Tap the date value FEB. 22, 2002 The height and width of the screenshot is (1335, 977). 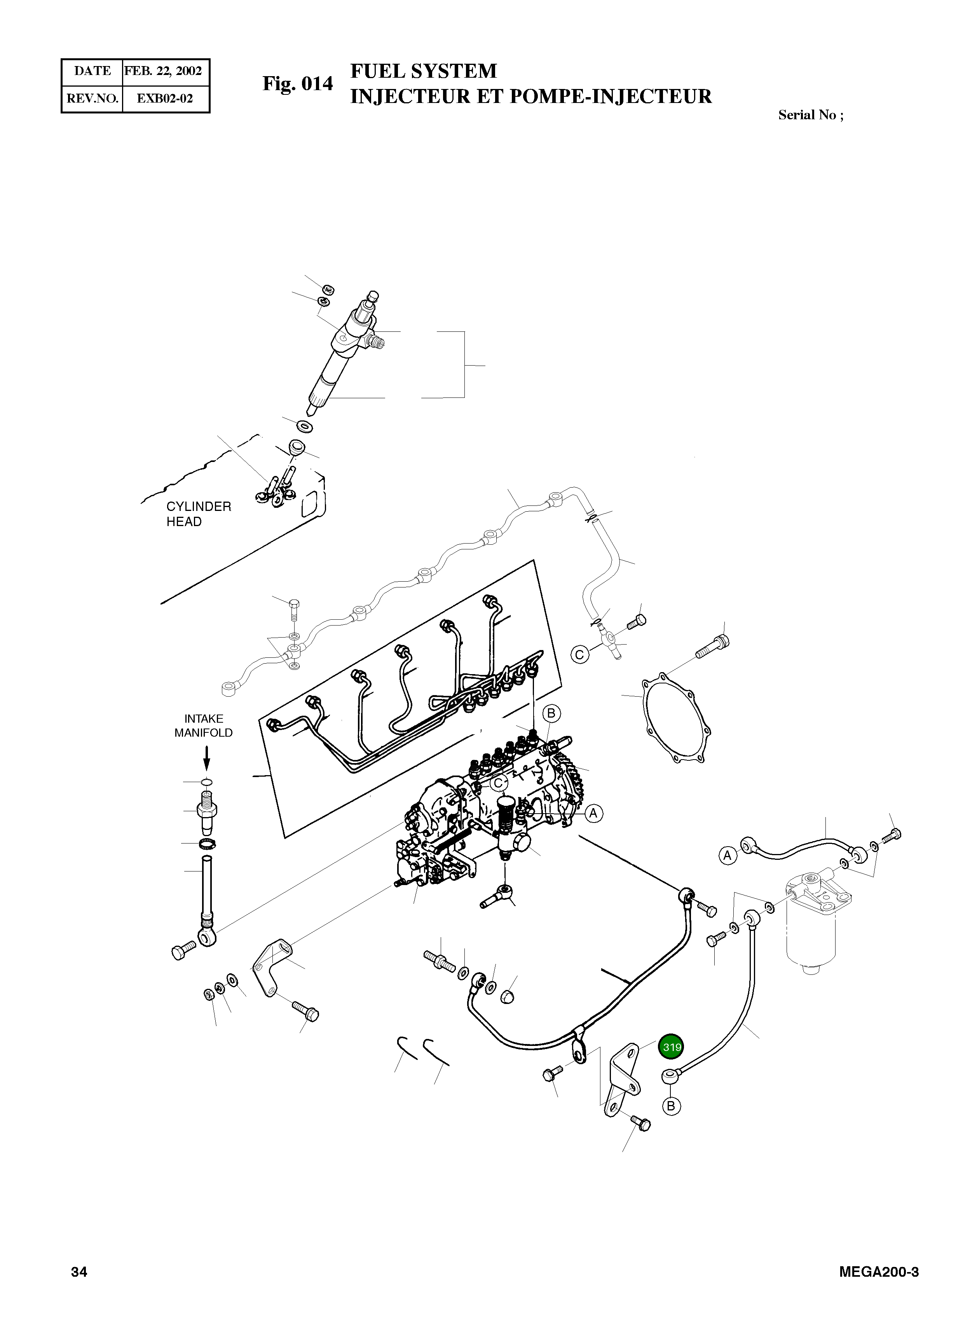pos(163,71)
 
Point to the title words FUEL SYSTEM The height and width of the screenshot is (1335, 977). pos(424,71)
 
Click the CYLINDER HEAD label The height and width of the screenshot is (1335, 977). pos(199,514)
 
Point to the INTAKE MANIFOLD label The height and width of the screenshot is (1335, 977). pos(203,725)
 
